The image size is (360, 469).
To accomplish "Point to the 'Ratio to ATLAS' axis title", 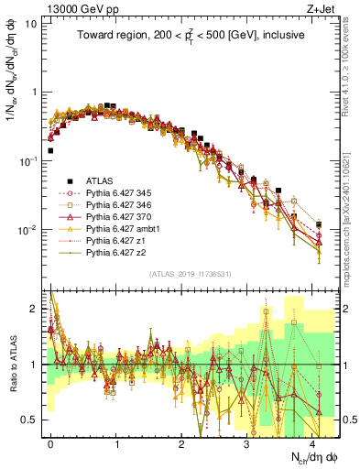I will [x=11, y=364].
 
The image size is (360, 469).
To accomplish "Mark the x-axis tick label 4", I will [x=314, y=442].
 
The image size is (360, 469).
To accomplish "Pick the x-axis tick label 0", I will [x=50, y=442].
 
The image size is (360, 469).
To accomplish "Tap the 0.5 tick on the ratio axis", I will [x=29, y=420].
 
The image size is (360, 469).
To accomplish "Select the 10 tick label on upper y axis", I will [x=29, y=24].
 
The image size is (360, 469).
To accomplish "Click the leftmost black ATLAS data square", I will [x=50, y=150].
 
